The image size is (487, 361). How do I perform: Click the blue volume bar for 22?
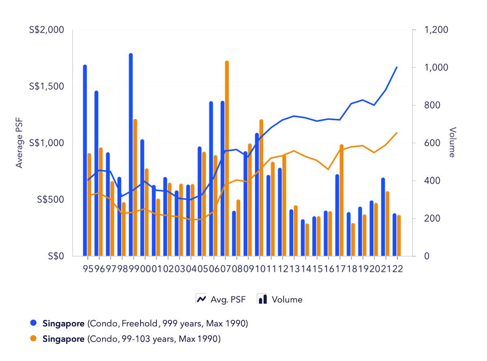pyautogui.click(x=394, y=235)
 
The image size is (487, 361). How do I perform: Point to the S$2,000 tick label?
pyautogui.click(x=47, y=30)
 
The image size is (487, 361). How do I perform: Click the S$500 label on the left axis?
pyautogui.click(x=50, y=200)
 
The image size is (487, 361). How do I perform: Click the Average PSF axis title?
pyautogui.click(x=19, y=142)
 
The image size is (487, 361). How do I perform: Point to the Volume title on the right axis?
pyautogui.click(x=453, y=142)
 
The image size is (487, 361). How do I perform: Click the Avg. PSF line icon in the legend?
pyautogui.click(x=201, y=299)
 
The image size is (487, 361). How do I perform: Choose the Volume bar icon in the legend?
pyautogui.click(x=263, y=299)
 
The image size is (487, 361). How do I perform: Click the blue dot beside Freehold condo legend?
pyautogui.click(x=34, y=323)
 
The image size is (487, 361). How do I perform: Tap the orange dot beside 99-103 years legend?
pyautogui.click(x=34, y=339)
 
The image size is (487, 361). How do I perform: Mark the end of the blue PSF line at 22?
pyautogui.click(x=396, y=67)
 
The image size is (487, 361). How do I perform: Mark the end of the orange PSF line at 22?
pyautogui.click(x=396, y=133)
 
